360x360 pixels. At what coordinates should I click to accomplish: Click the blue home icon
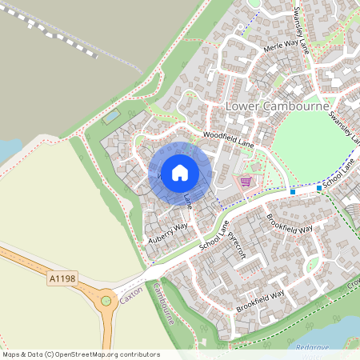pyautogui.click(x=180, y=173)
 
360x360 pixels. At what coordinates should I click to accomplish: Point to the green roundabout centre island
pyautogui.click(x=106, y=302)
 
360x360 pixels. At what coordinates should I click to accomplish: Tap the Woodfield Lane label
pyautogui.click(x=227, y=138)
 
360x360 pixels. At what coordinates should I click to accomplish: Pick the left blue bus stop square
pyautogui.click(x=293, y=192)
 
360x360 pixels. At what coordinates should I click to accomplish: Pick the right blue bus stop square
pyautogui.click(x=319, y=188)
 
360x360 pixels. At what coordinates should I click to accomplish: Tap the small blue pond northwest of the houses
pyautogui.click(x=111, y=117)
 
